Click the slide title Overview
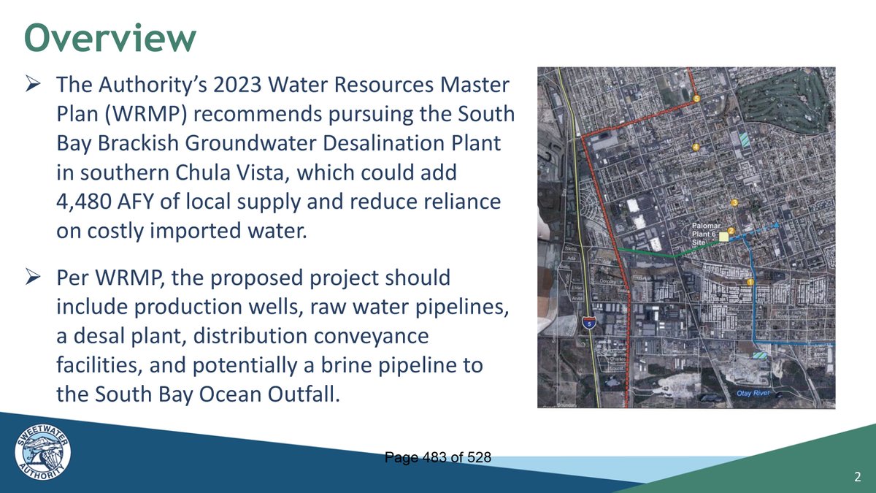[110, 38]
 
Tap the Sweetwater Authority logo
[43, 454]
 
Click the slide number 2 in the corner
[857, 478]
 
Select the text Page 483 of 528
[437, 456]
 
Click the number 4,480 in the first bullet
[87, 201]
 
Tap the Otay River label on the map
[753, 394]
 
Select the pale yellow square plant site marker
[723, 237]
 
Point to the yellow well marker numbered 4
[696, 148]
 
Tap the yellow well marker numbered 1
[750, 282]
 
